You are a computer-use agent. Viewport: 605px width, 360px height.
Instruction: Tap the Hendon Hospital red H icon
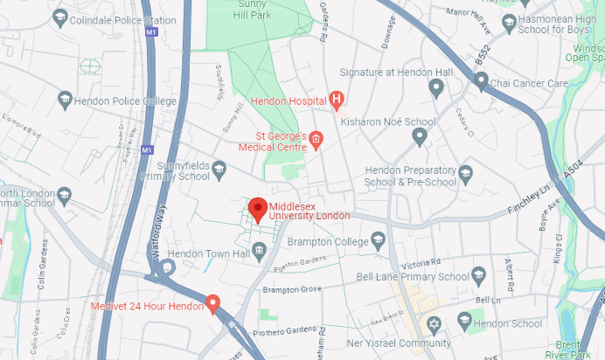[336, 100]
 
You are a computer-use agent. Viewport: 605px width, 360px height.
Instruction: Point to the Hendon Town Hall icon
[260, 253]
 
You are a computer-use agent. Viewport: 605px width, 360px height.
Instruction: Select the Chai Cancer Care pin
[481, 81]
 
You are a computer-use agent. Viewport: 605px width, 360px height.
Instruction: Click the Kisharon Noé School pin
[420, 136]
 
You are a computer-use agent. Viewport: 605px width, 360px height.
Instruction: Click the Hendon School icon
[476, 324]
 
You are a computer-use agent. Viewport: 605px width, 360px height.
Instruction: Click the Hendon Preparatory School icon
[465, 172]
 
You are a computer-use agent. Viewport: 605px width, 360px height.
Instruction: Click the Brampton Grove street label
[293, 289]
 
